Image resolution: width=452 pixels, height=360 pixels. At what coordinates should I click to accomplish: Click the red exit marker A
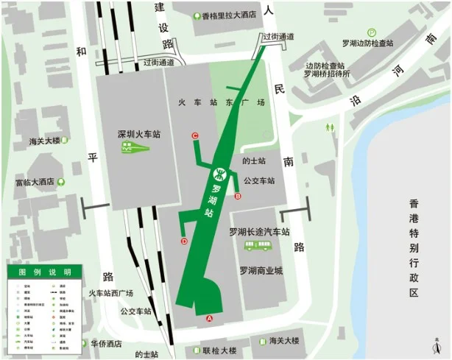[209, 319]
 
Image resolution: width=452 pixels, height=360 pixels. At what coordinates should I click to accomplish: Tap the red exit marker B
[237, 197]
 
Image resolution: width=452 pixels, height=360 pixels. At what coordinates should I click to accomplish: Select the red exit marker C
[194, 135]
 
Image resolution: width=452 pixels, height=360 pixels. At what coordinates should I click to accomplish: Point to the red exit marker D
[184, 241]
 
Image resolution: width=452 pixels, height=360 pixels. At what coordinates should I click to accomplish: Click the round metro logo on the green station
[219, 174]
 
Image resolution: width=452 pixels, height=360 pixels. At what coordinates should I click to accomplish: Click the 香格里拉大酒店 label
[229, 14]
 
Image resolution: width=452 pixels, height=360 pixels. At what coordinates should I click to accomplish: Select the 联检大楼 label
[219, 350]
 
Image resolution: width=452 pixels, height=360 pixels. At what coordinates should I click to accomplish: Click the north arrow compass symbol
[437, 344]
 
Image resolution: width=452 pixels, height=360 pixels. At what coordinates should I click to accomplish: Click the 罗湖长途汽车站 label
[260, 232]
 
